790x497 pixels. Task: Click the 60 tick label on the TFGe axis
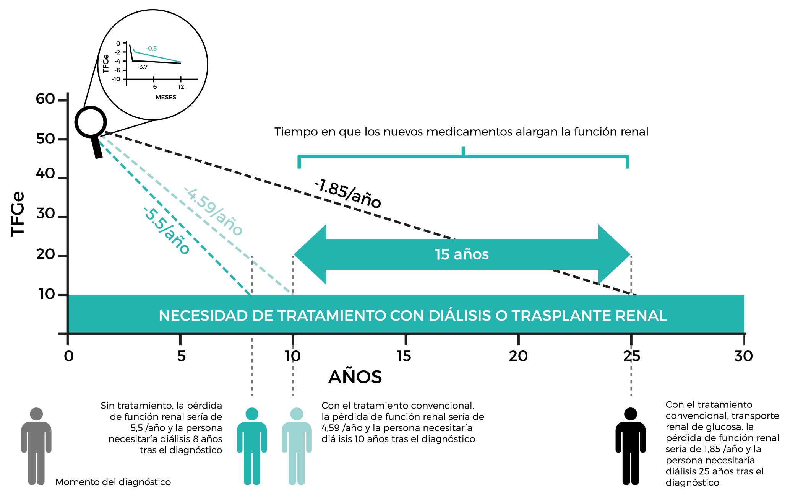(45, 99)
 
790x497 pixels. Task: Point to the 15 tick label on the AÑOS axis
(404, 356)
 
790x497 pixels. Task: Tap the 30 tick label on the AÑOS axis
(743, 356)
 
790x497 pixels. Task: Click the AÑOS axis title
(355, 377)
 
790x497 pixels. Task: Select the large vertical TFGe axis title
(18, 214)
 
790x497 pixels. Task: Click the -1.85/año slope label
(347, 194)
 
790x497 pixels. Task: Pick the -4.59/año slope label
(214, 211)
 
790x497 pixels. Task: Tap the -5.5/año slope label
(167, 230)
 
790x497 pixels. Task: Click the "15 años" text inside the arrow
(462, 254)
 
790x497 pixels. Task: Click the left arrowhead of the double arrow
(310, 254)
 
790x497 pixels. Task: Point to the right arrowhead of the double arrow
(614, 254)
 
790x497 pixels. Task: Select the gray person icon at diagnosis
(36, 446)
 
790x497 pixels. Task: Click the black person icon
(631, 446)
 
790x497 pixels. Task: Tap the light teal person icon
(297, 446)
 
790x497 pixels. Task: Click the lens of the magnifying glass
(91, 122)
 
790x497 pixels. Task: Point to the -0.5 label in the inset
(151, 49)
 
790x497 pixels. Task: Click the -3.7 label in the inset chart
(143, 67)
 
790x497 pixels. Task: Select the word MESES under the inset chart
(166, 97)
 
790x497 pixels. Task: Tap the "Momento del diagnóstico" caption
(113, 482)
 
